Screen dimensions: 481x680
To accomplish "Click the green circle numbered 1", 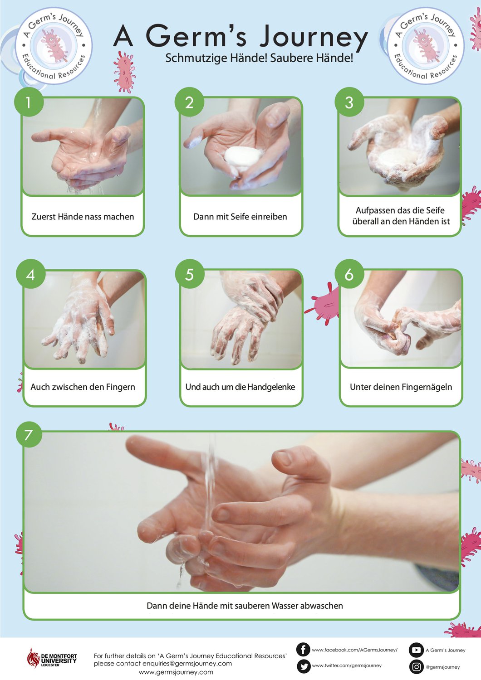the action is point(29,102).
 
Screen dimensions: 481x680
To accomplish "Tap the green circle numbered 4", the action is point(31,274).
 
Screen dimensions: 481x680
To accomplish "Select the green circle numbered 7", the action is point(29,434).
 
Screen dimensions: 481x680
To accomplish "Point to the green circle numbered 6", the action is point(349,274).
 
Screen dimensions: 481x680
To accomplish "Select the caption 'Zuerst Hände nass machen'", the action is point(83,216).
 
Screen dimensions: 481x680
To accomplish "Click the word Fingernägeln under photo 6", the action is point(427,387).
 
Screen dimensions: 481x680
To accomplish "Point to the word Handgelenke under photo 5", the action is point(271,387).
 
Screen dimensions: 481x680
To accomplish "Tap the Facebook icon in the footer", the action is point(303,650).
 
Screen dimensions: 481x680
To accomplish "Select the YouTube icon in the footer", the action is point(416,650).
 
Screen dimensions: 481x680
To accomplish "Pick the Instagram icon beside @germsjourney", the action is point(416,667).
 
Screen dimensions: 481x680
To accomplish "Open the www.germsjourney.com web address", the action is point(176,672).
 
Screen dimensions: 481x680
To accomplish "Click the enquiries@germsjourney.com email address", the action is point(187,664).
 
